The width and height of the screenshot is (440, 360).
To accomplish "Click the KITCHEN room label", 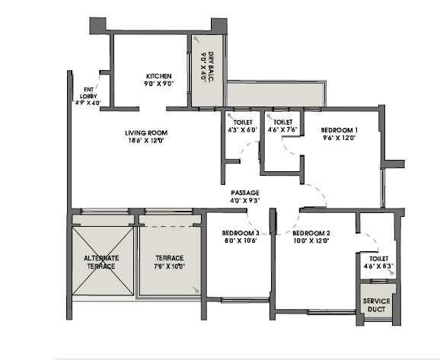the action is coord(159,76).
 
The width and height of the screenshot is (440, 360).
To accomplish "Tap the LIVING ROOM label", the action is coord(146,133).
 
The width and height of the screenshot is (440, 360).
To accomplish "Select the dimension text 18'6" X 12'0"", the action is coord(146,141).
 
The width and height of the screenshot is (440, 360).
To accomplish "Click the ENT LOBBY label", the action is coord(88,93).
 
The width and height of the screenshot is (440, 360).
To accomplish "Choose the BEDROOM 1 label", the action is coord(339,130).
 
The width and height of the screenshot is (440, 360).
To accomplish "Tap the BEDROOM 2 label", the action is coord(311,233).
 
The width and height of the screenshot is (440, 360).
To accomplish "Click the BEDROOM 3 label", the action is coord(241,233).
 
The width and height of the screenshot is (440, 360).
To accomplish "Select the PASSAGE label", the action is coord(245,193).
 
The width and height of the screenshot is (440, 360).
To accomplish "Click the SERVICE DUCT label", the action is coord(376,305).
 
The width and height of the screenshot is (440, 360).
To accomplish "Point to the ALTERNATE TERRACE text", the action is coord(101,262).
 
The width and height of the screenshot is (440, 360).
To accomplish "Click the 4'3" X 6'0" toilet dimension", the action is coord(243,130).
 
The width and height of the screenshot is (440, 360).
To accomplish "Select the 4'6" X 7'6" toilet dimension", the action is coord(282,129).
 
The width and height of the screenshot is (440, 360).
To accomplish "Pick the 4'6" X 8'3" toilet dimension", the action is coord(379,266).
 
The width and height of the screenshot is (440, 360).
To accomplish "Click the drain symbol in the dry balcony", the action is coord(196,40).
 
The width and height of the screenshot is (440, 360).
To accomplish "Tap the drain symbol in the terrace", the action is coord(196,290).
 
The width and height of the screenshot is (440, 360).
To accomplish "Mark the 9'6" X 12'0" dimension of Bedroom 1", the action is coord(339,138).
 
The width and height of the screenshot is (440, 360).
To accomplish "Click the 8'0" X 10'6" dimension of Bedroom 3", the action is coord(241,241).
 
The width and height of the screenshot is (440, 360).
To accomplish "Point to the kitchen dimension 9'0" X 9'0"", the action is coord(159,83).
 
